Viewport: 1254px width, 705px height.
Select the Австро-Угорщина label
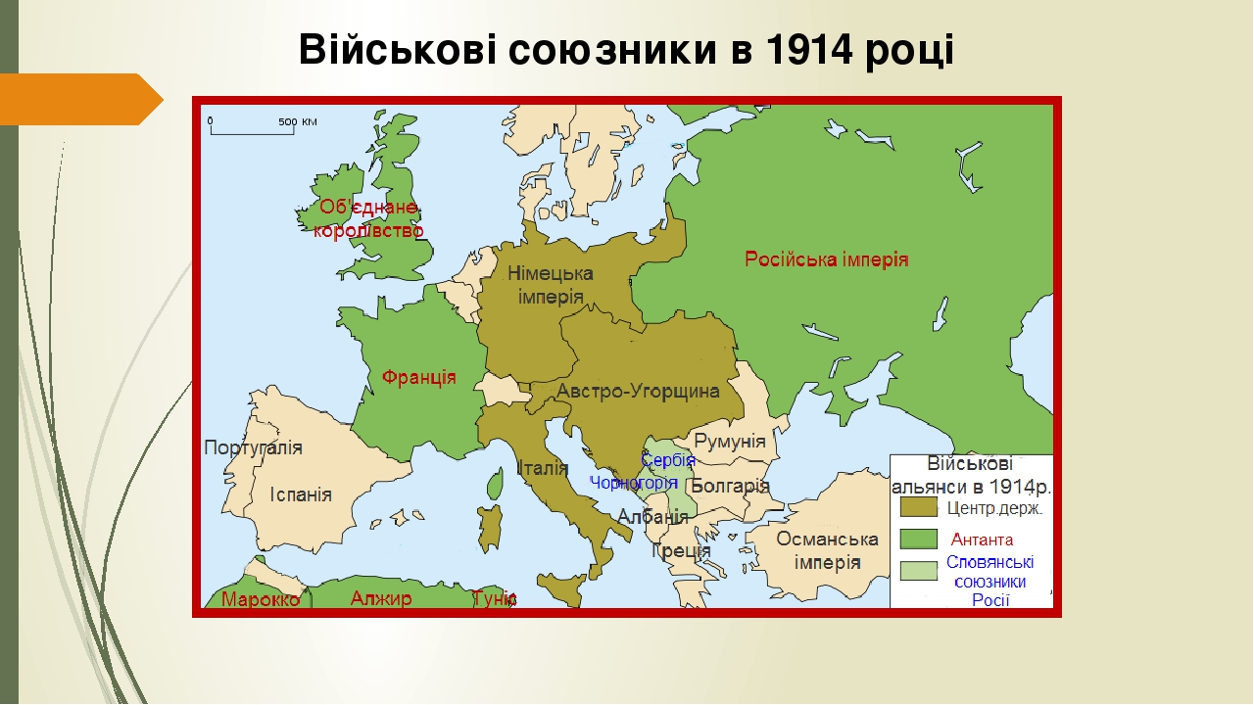[638, 392]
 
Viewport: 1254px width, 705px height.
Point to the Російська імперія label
[827, 260]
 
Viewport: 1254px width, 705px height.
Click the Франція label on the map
[418, 377]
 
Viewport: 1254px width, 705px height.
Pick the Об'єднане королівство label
[368, 218]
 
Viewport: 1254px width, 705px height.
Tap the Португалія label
[253, 447]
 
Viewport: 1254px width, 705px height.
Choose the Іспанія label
[301, 494]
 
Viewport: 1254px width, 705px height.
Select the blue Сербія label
[668, 460]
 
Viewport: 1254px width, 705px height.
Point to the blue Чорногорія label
[633, 483]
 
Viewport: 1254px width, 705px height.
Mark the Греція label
[681, 550]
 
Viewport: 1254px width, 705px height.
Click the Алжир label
[381, 598]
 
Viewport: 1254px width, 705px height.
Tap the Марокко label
[261, 599]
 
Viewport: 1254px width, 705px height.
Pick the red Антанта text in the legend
[983, 540]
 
